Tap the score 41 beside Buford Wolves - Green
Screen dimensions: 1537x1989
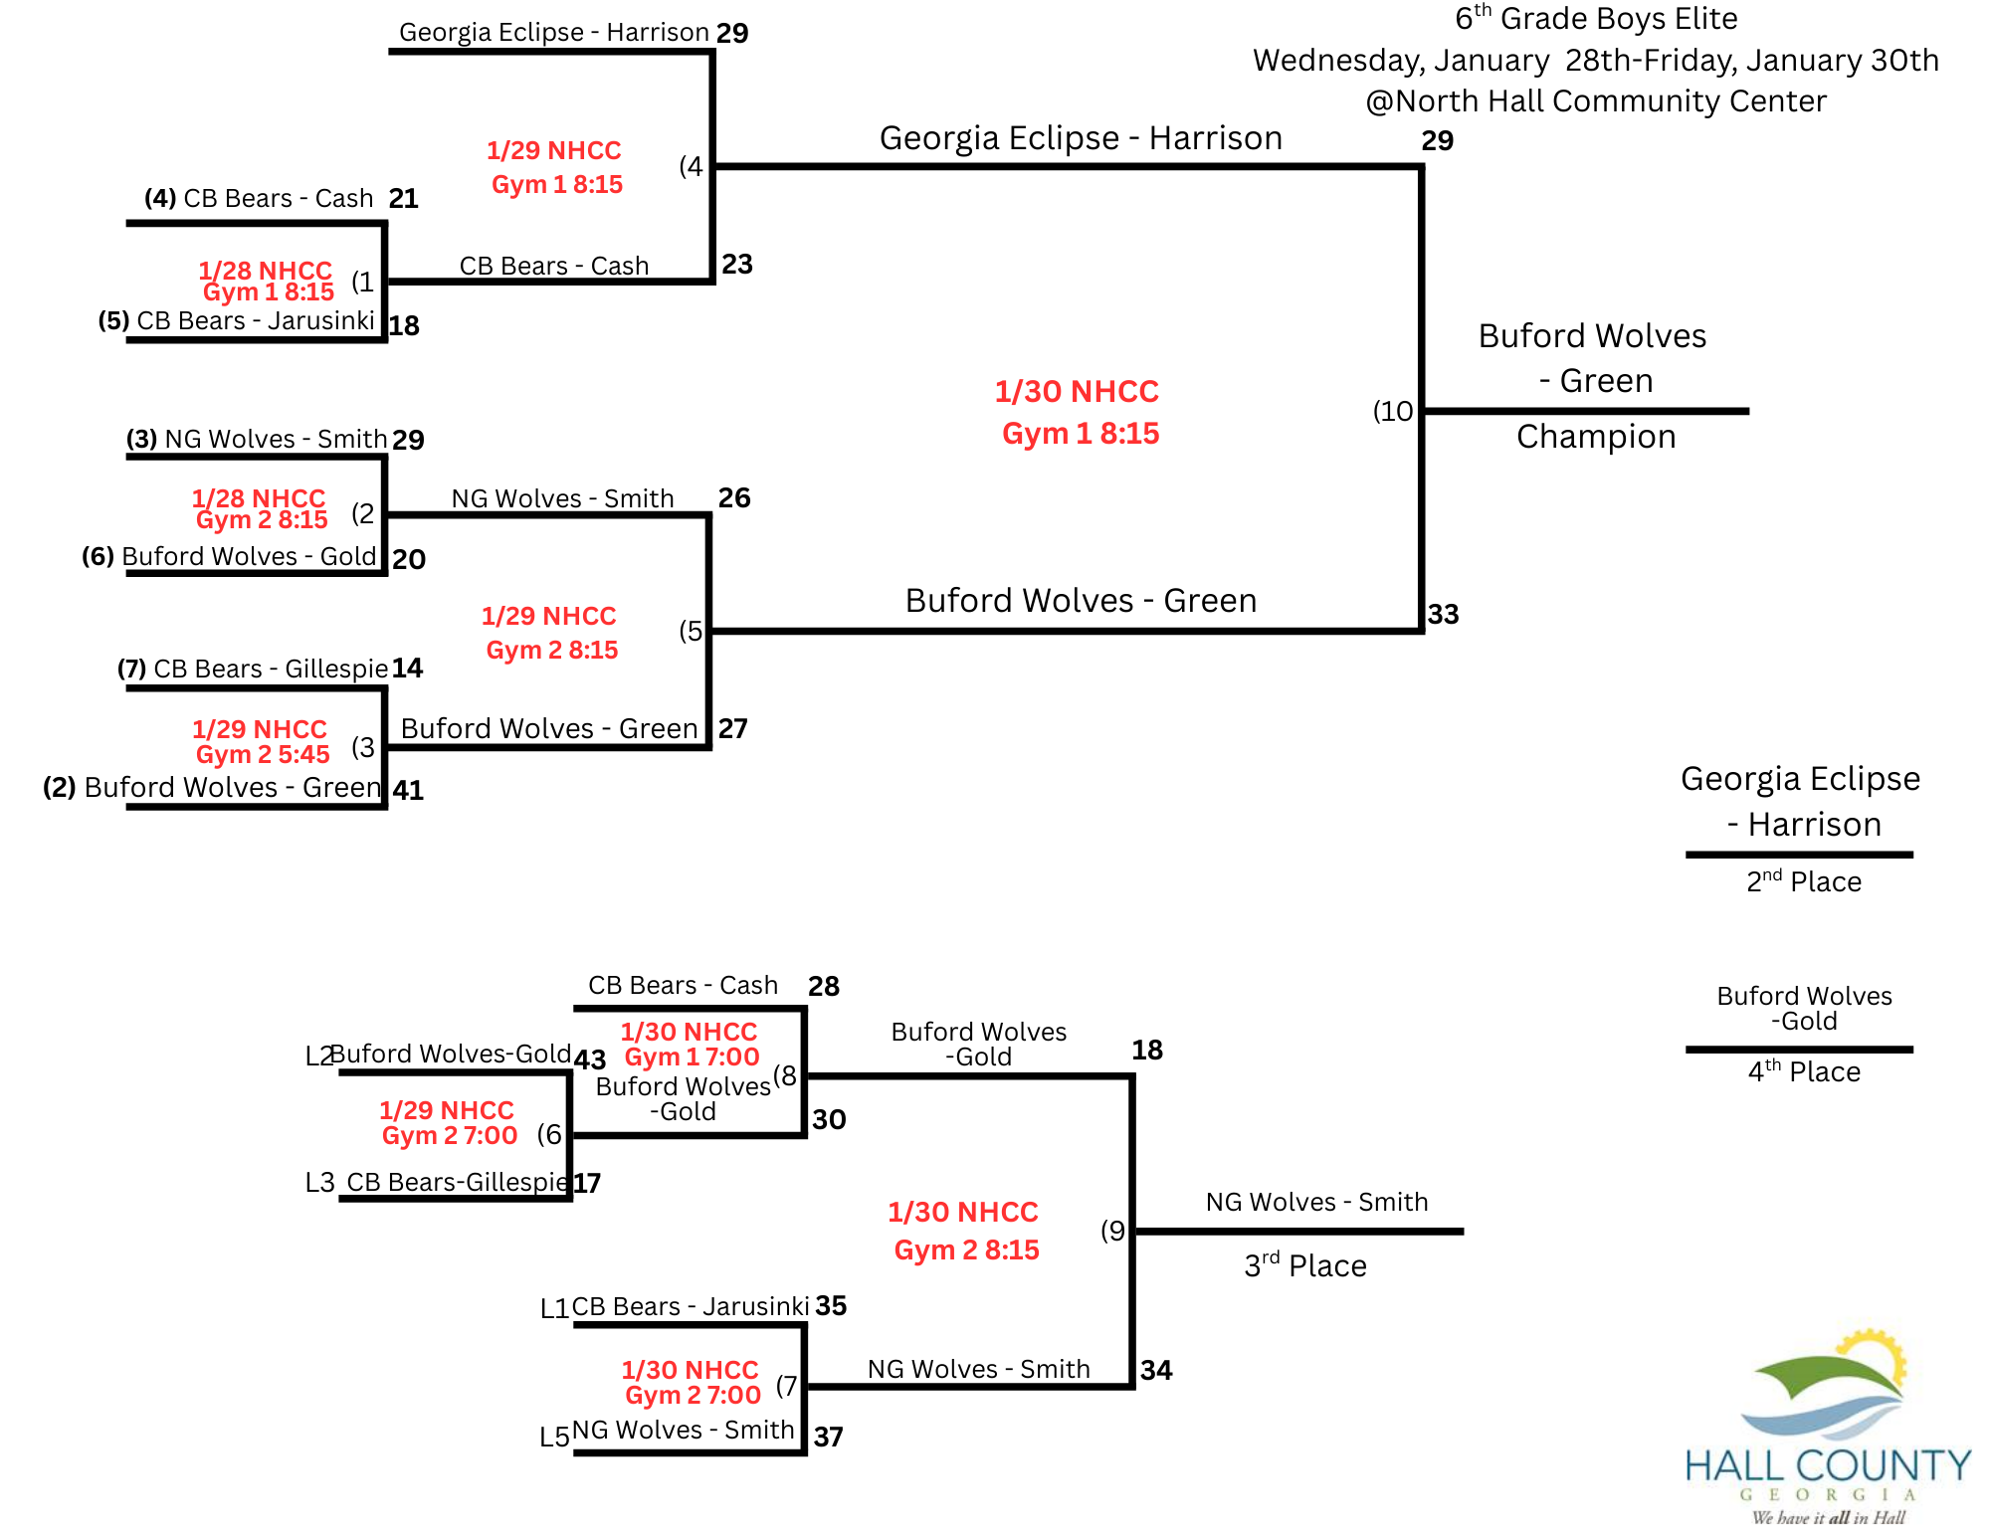click(408, 791)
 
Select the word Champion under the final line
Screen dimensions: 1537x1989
click(1596, 437)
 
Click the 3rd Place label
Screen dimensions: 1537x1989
click(1304, 1265)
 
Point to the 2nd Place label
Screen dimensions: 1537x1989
click(1803, 881)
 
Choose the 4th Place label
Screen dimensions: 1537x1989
click(1803, 1071)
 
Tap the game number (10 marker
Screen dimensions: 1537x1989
click(1393, 411)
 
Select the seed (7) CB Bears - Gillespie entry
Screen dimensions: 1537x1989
click(253, 669)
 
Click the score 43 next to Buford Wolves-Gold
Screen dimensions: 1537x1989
click(590, 1059)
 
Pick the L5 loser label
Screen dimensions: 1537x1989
click(554, 1437)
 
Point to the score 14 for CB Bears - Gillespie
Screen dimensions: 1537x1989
click(407, 669)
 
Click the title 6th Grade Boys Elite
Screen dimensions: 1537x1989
click(1596, 19)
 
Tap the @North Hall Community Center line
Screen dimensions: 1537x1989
click(1596, 101)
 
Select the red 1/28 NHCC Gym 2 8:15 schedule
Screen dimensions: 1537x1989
click(261, 508)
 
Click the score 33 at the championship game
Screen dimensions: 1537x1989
click(1443, 615)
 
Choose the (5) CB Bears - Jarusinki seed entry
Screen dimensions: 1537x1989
click(237, 321)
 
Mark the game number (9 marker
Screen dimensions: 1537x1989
click(1113, 1231)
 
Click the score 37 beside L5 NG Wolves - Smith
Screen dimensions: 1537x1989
click(828, 1437)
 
